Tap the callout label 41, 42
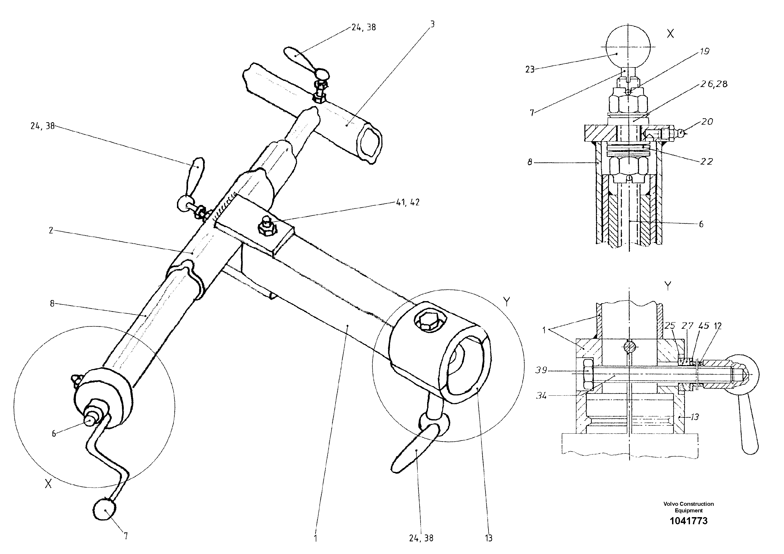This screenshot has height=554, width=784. [408, 202]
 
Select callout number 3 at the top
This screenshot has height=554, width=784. [432, 24]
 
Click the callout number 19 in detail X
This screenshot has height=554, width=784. [704, 51]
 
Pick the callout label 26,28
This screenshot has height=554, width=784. [714, 84]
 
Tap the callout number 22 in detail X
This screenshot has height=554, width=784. [707, 161]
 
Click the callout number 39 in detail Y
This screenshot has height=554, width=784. [541, 370]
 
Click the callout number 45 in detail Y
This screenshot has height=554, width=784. [704, 326]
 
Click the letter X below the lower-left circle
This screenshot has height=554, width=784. [48, 484]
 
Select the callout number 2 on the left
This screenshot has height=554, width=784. [51, 231]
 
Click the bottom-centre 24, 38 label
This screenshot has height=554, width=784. [421, 538]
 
